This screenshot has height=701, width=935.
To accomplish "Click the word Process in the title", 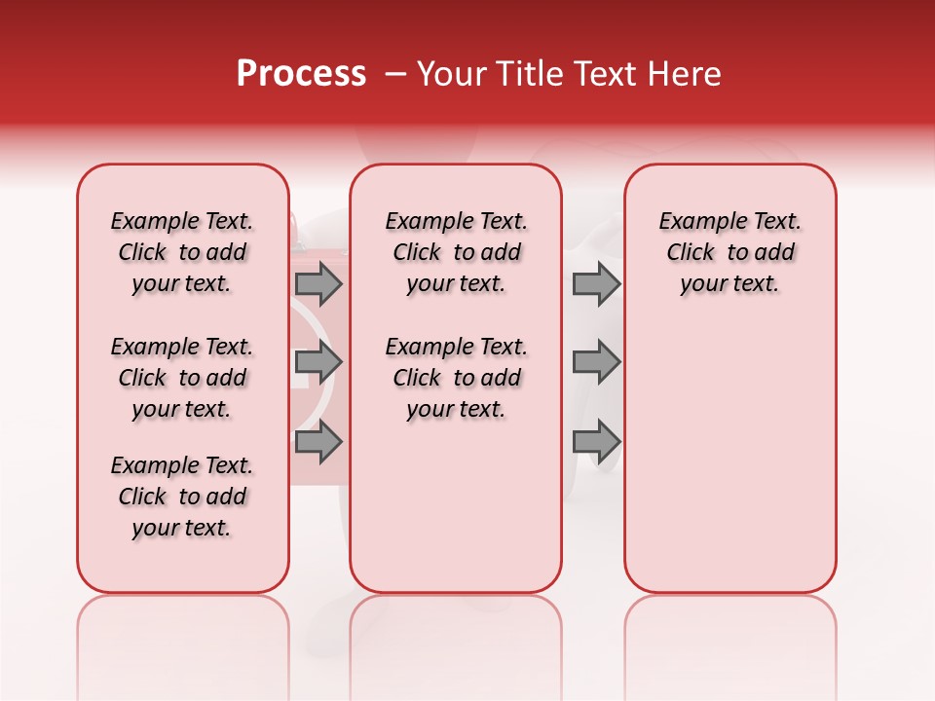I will pos(301,74).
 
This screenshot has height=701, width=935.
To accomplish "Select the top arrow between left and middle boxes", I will pos(318,283).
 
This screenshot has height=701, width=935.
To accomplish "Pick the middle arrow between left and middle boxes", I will pos(318,362).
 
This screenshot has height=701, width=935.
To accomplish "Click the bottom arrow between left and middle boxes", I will pos(318,442).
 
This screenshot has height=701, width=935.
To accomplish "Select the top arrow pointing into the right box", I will pos(596,283).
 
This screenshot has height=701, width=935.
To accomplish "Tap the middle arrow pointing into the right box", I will pos(596,362).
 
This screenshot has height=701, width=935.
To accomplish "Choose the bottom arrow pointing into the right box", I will pos(596,442).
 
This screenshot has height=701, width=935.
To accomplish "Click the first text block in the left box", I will pos(182,252).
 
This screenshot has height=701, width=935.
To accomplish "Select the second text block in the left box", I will pos(182,378).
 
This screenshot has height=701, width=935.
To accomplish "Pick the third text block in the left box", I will pos(182,497).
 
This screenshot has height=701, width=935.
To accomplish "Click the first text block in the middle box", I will pos(456,252).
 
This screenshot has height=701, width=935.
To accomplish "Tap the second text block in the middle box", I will pos(456,378).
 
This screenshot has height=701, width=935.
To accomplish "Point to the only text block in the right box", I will pos(729,252).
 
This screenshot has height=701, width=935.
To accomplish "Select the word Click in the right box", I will pos(691,253).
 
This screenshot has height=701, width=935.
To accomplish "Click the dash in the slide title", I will pos(394,74).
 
